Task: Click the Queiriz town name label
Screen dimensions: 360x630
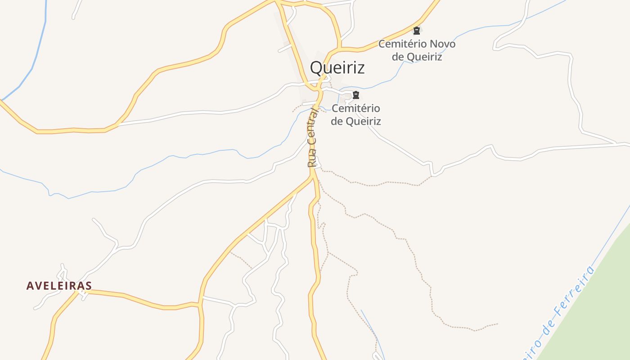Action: click(337, 68)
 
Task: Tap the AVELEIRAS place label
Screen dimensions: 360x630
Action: click(59, 286)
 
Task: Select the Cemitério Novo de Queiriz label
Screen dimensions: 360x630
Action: click(417, 50)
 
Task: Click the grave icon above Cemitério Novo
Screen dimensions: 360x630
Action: click(417, 31)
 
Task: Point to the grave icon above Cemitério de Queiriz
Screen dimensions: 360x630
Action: click(356, 95)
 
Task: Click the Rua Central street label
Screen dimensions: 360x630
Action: click(312, 138)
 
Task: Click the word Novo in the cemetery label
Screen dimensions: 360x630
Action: click(442, 44)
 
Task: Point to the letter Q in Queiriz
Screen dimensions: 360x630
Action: click(316, 68)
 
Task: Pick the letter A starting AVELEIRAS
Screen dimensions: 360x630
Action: click(30, 286)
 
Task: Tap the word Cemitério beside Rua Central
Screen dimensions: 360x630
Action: click(355, 108)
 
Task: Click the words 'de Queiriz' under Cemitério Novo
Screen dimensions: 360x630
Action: click(417, 57)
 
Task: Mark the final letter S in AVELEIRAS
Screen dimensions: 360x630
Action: click(88, 286)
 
